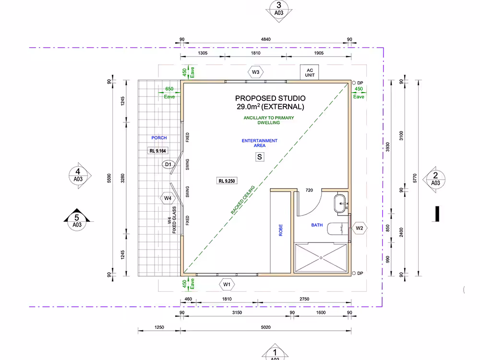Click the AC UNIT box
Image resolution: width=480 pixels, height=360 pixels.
pyautogui.click(x=309, y=72)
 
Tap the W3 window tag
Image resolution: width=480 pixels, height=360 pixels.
pyautogui.click(x=255, y=72)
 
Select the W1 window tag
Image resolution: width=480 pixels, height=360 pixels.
pyautogui.click(x=227, y=284)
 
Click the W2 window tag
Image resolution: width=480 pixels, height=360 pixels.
pyautogui.click(x=360, y=228)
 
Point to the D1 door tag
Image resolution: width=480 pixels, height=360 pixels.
pyautogui.click(x=168, y=164)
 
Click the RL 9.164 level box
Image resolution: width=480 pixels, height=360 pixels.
pyautogui.click(x=157, y=151)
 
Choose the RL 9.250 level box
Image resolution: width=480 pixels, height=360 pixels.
pyautogui.click(x=227, y=181)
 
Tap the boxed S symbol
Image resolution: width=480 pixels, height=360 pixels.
pyautogui.click(x=260, y=157)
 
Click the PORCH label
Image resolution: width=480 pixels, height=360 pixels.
pyautogui.click(x=159, y=138)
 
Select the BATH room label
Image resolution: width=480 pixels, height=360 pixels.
pyautogui.click(x=317, y=225)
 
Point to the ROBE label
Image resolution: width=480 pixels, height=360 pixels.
pyautogui.click(x=280, y=230)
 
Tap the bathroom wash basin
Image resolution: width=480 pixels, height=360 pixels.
pyautogui.click(x=340, y=203)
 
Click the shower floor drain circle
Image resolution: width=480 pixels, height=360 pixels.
pyautogui.click(x=321, y=258)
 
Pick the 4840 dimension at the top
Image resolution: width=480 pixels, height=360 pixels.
pyautogui.click(x=266, y=39)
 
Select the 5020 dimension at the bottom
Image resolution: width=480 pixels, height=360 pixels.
pyautogui.click(x=266, y=327)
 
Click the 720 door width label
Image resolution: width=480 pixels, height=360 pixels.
pyautogui.click(x=309, y=190)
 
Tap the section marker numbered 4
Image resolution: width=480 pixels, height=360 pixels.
pyautogui.click(x=79, y=175)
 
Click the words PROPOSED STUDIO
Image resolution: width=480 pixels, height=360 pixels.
pyautogui.click(x=270, y=98)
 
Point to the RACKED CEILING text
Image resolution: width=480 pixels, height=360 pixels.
pyautogui.click(x=243, y=200)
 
